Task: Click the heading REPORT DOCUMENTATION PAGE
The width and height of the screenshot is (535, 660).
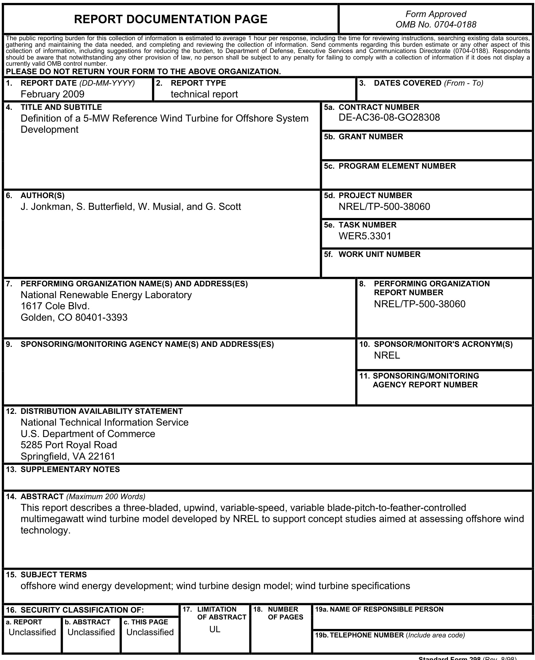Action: pos(170,19)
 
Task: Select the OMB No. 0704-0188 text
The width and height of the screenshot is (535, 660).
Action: pos(436,25)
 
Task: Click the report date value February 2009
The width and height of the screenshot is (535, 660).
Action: pos(52,94)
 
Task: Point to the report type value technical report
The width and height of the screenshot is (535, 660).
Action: pos(204,94)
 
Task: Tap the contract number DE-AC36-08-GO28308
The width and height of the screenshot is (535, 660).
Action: pos(389,117)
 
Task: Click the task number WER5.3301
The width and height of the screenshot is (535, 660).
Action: pos(365,236)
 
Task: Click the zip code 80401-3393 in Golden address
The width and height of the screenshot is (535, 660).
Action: pos(101,317)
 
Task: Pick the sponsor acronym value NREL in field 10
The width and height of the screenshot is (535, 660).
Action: pos(387,355)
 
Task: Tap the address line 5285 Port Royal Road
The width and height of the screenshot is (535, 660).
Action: pos(69,445)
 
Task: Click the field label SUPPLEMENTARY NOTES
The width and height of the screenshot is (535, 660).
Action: pos(70,469)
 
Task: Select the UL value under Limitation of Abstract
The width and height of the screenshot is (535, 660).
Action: pos(215,629)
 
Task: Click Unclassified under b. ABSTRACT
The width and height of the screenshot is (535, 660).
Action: pos(91,632)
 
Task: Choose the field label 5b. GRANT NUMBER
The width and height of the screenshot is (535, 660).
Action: pos(364,137)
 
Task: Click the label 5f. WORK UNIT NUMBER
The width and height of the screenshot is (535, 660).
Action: pos(372,254)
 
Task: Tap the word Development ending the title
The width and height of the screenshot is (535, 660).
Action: pos(49,129)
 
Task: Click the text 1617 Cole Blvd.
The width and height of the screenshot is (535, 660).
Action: pos(55,306)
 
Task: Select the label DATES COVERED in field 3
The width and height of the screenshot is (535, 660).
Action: pos(407,83)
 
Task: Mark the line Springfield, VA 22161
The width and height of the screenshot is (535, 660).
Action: pos(68,456)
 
